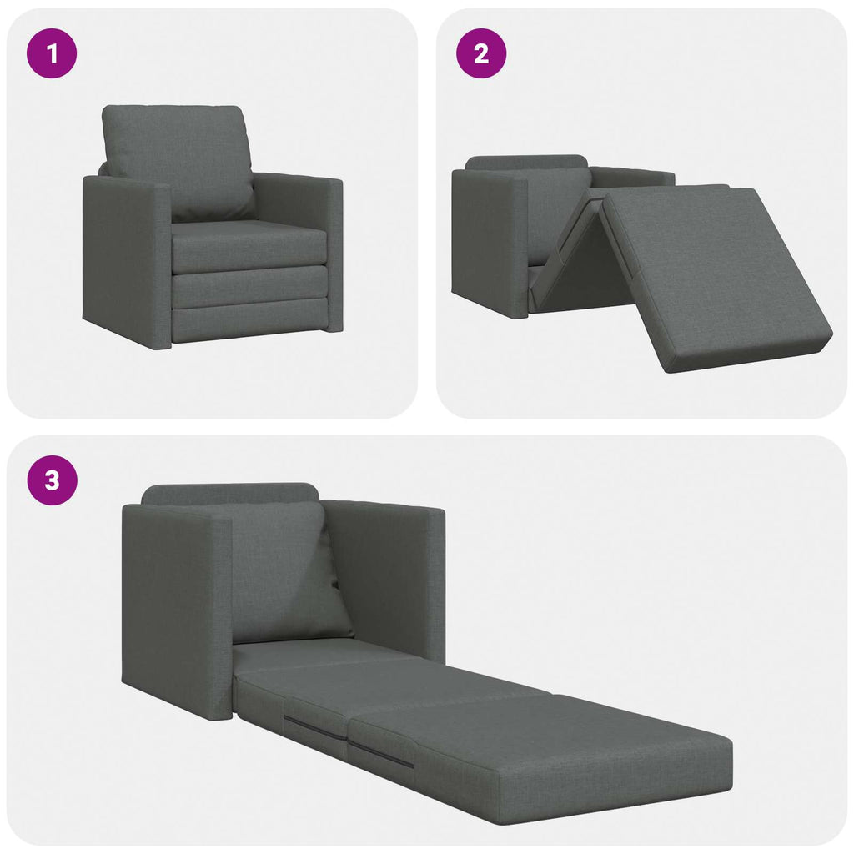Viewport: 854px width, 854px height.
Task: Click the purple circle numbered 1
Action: point(53,54)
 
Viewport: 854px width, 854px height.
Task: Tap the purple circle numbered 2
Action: point(480,54)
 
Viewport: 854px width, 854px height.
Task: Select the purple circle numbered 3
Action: point(53,481)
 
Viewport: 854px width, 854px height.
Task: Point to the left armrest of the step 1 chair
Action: point(125,259)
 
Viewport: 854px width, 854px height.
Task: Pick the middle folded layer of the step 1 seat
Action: point(250,287)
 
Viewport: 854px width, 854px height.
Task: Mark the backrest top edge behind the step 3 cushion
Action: point(229,492)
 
